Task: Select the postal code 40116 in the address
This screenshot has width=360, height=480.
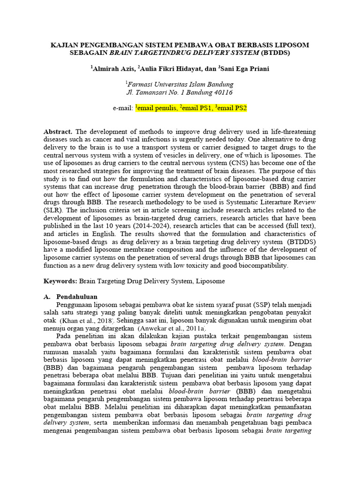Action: click(223, 92)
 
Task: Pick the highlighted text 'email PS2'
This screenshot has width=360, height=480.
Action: click(232, 108)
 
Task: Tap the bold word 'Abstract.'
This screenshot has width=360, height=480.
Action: click(58, 132)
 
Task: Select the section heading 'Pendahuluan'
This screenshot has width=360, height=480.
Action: click(76, 297)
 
